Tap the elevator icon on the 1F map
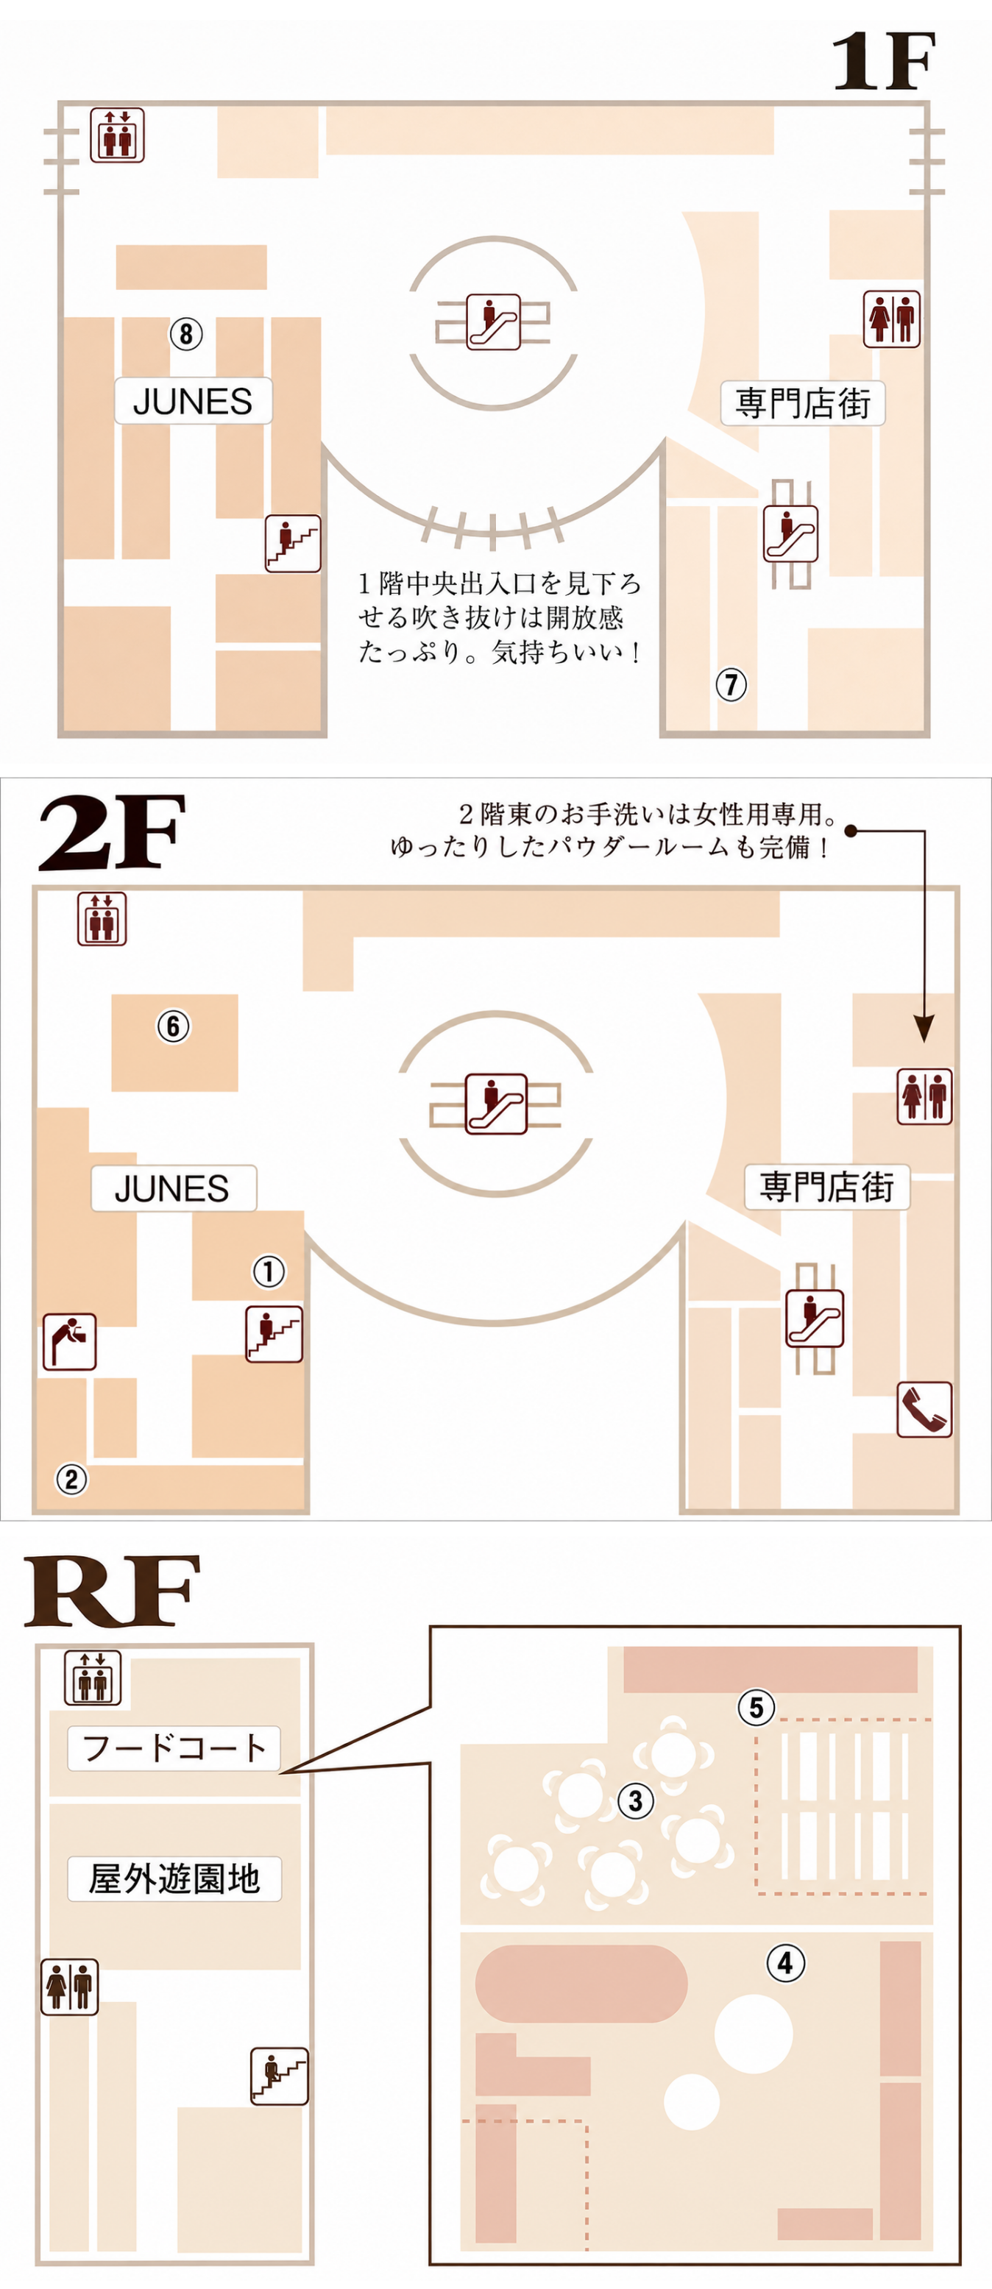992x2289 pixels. pos(116,135)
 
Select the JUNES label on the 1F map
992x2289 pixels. pos(193,401)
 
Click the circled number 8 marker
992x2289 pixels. pos(185,334)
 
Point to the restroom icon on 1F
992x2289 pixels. pos(892,319)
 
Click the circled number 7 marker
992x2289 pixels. pos(731,684)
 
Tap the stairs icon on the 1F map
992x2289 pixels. pos(292,543)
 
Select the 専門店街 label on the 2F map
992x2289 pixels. pos(826,1187)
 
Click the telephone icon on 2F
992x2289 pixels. pos(924,1409)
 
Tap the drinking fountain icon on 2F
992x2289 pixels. pos(69,1342)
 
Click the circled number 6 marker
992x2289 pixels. pos(174,1026)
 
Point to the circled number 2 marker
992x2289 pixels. pos(72,1480)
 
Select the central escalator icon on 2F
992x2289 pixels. pos(496,1104)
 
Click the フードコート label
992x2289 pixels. pos(174,1748)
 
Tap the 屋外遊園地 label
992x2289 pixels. pos(174,1878)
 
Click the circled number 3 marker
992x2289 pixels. pos(636,1801)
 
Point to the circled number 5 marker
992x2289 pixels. pos(757,1707)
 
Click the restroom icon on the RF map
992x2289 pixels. pos(69,1987)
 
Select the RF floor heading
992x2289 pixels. pos(111,1592)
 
